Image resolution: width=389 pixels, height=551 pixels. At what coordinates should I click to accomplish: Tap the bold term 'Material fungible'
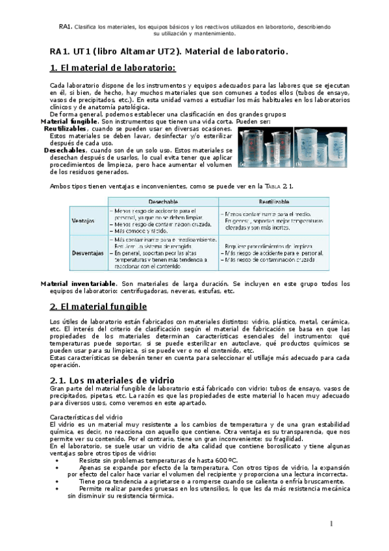click(69, 122)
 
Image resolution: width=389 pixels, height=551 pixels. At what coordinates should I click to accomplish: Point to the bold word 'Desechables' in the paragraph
click(64, 150)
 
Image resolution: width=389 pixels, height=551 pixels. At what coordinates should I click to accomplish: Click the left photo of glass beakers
click(266, 148)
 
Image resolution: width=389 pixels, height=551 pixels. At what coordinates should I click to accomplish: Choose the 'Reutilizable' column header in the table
click(274, 202)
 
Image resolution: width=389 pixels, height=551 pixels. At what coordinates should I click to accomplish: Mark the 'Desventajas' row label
click(88, 253)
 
